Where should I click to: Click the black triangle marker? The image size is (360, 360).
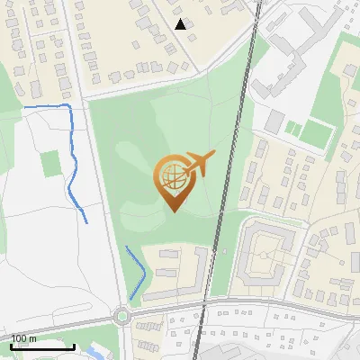pyautogui.click(x=181, y=24)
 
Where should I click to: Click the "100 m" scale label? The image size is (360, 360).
pyautogui.click(x=24, y=337)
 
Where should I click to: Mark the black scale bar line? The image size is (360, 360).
pyautogui.click(x=42, y=346)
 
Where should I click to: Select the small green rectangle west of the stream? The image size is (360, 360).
pyautogui.click(x=51, y=164)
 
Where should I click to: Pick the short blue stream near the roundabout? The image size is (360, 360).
pyautogui.click(x=137, y=272)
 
